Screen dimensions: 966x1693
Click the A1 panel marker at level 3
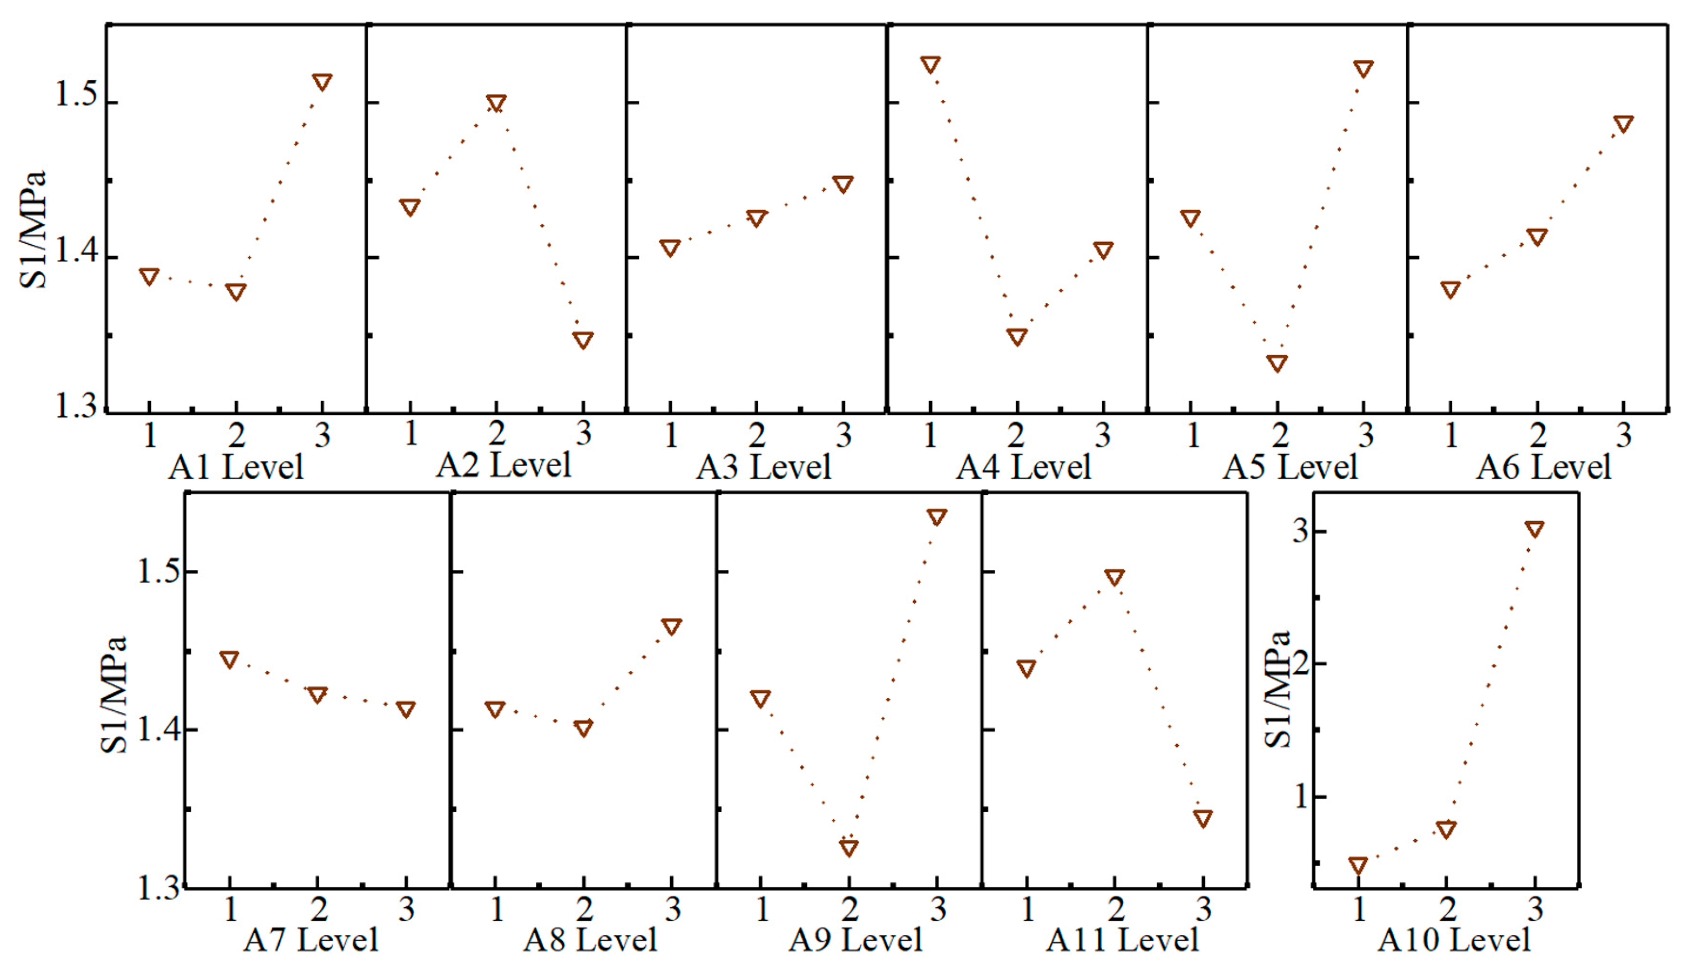click(x=322, y=82)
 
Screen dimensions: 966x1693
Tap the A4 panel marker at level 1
click(x=930, y=64)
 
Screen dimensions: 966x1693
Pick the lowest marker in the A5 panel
click(x=1277, y=362)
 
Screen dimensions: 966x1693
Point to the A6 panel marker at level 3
click(x=1623, y=123)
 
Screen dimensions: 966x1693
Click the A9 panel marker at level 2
click(x=849, y=846)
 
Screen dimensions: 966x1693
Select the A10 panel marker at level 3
click(x=1534, y=528)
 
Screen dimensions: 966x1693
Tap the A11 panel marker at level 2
click(x=1114, y=577)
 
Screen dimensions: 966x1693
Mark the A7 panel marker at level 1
click(x=230, y=659)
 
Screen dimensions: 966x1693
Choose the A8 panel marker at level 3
click(x=672, y=626)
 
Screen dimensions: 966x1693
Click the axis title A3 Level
click(x=763, y=467)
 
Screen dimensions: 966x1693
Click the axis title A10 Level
click(x=1453, y=940)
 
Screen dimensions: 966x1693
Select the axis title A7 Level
click(x=310, y=940)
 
